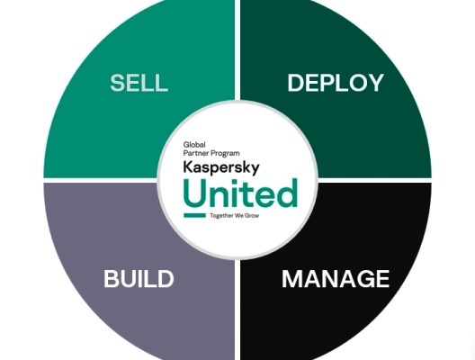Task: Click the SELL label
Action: (x=139, y=83)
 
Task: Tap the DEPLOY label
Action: (x=336, y=83)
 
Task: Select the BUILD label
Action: (x=139, y=279)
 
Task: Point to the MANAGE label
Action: (x=336, y=279)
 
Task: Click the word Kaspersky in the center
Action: (x=221, y=168)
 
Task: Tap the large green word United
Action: (x=240, y=193)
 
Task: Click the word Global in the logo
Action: (x=194, y=145)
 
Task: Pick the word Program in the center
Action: (x=225, y=154)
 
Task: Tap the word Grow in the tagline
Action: (x=252, y=216)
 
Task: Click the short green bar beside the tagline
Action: (x=194, y=215)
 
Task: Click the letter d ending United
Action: (x=287, y=193)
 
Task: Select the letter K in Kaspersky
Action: (x=188, y=166)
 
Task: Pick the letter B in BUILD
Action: (x=111, y=279)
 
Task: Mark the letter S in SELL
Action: (x=118, y=83)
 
